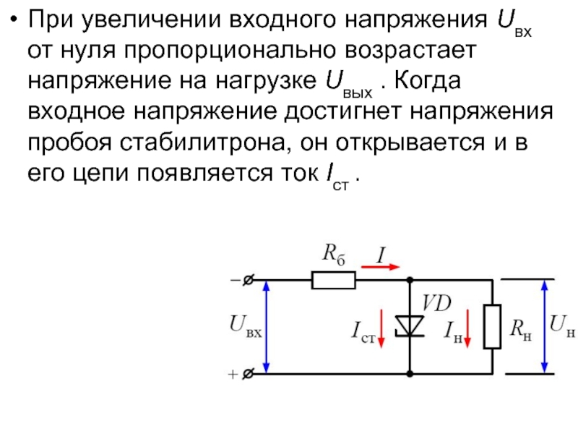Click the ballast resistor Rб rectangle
333,280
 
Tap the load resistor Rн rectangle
493,326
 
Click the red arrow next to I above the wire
380,266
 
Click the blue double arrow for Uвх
267,326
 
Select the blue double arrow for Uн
543,326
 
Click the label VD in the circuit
436,303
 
